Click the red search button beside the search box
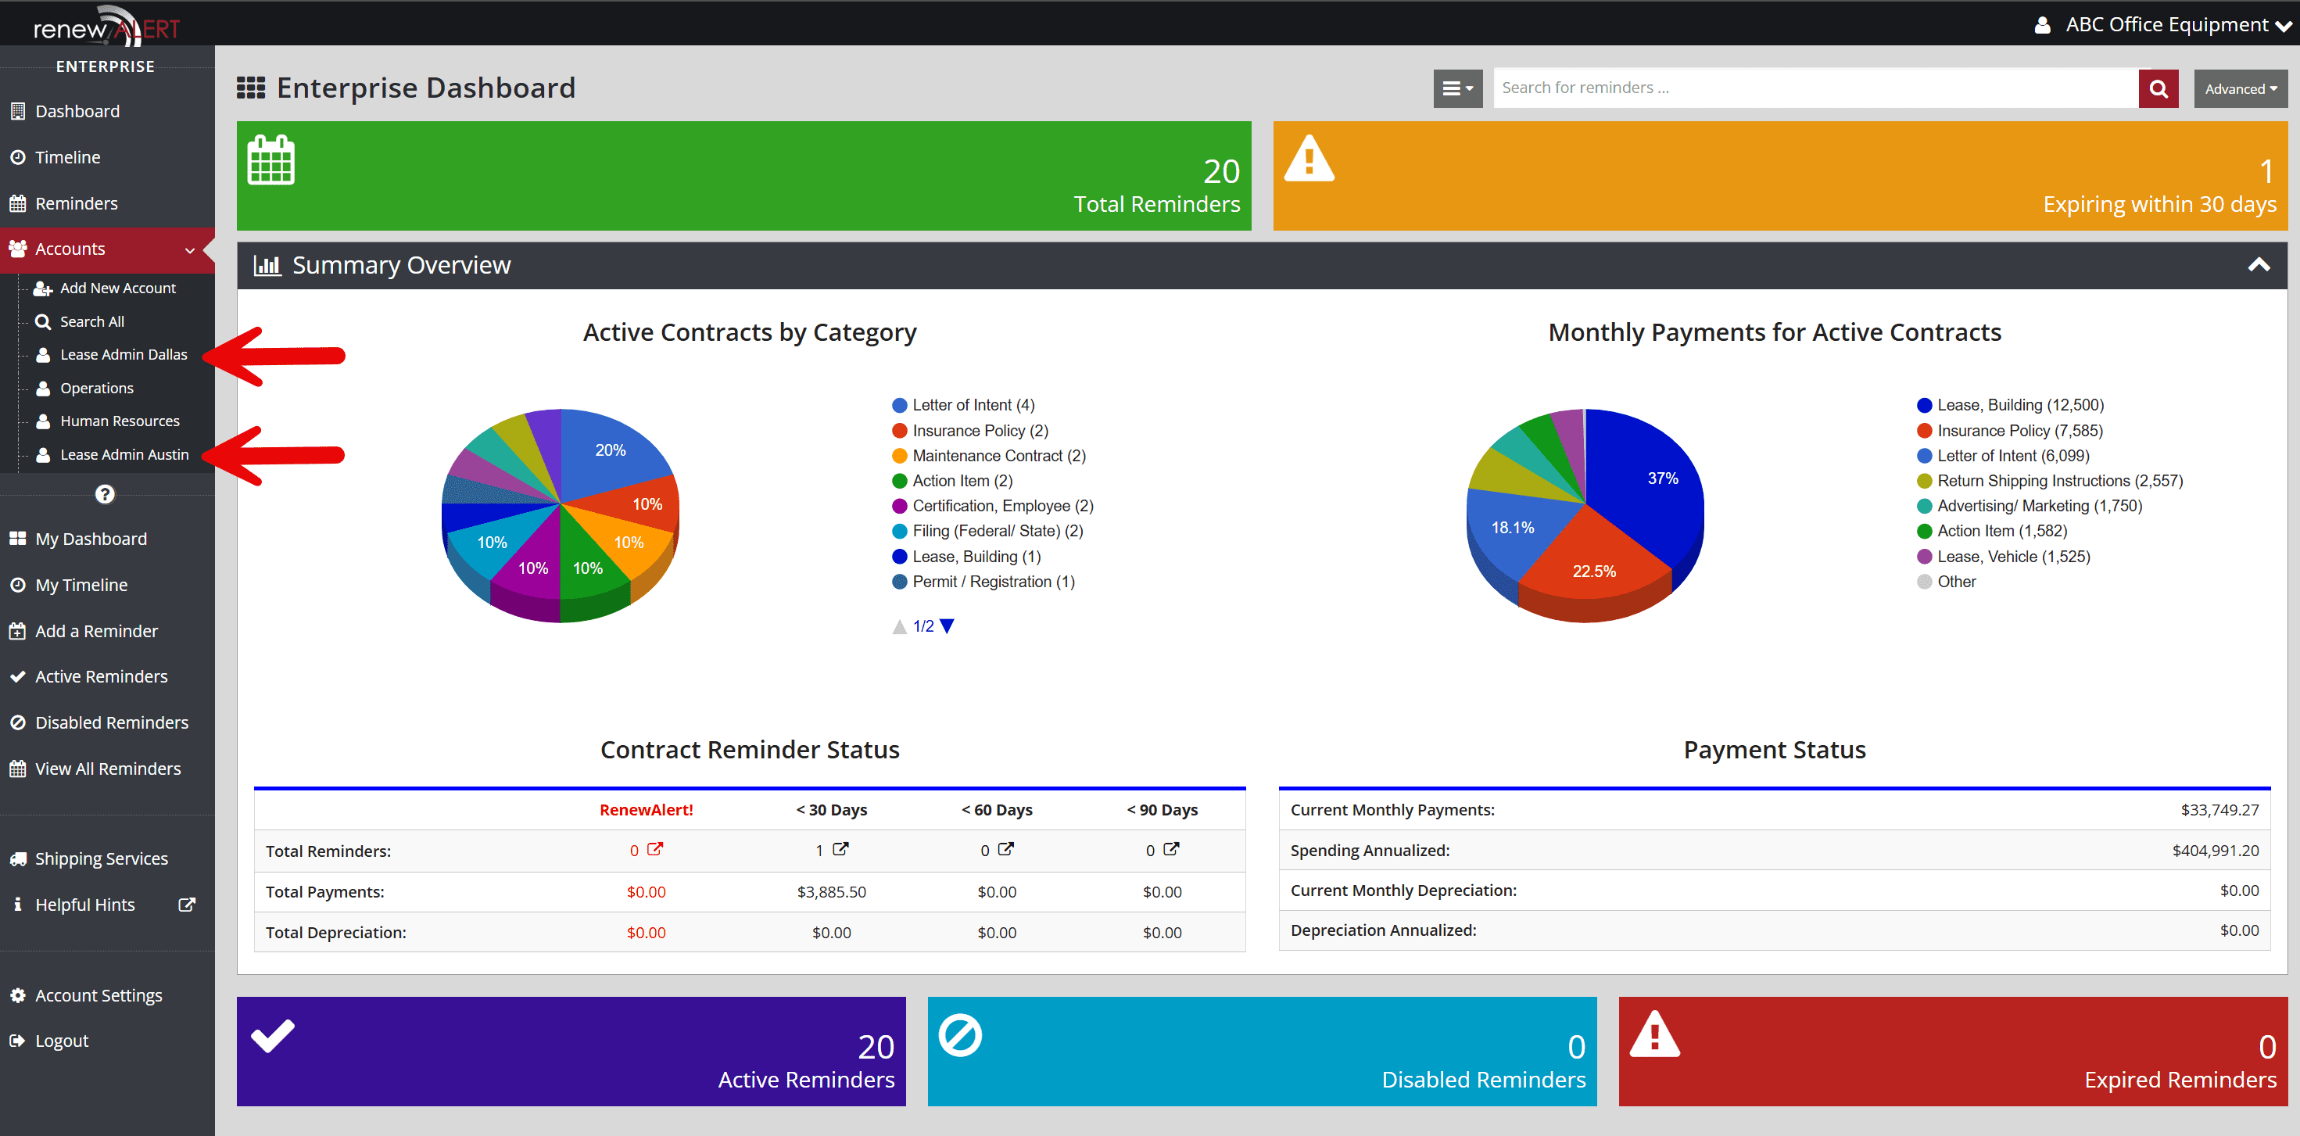2158,88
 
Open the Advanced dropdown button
2240,88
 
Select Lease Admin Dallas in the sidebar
124,354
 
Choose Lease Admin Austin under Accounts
124,454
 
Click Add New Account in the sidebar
117,288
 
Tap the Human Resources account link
120,421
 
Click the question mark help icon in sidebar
105,494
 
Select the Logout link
62,1041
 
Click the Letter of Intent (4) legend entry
973,406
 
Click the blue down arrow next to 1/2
948,626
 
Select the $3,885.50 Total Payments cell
831,891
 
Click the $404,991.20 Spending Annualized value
2216,850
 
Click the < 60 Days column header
997,810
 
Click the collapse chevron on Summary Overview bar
2258,265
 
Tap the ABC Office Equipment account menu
2166,25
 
